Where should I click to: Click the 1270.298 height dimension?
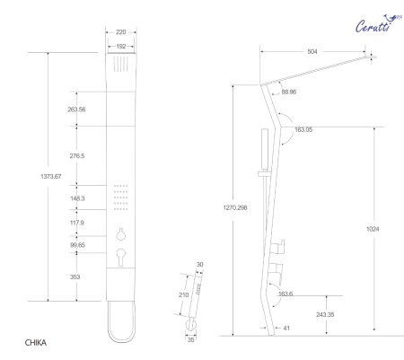[238, 208]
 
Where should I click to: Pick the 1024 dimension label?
[373, 229]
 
